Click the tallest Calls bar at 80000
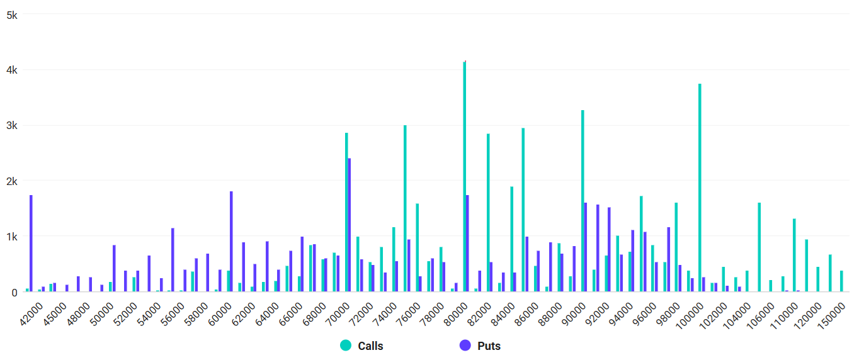465,176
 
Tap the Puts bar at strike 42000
31,243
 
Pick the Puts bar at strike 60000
231,241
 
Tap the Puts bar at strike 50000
114,268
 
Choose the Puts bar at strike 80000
467,243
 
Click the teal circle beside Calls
346,346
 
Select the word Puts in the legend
489,346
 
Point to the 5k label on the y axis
11,14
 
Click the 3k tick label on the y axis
11,125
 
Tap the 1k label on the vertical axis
11,237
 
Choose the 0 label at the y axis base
14,292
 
